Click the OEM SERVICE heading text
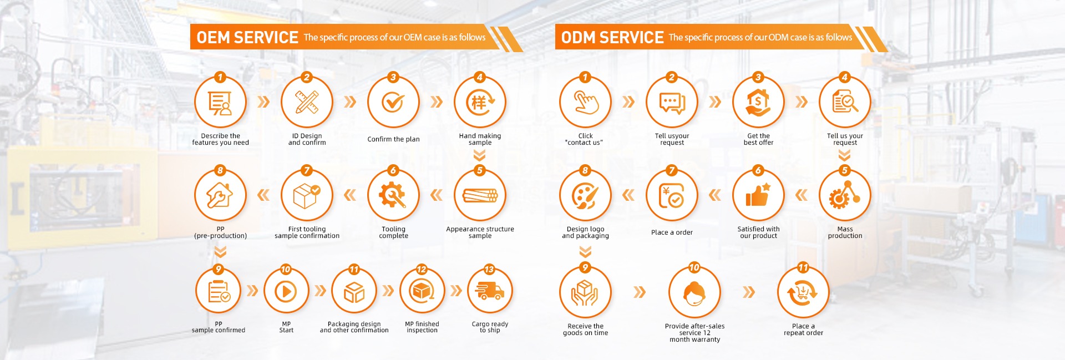point(247,37)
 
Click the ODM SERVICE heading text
point(612,37)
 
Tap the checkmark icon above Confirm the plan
point(393,102)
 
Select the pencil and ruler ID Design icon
point(307,102)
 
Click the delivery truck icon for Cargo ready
point(490,291)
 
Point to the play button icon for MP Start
point(286,291)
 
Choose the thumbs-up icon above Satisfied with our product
point(758,195)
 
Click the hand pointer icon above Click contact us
point(586,102)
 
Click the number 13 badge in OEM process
point(489,270)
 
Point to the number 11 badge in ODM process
point(803,267)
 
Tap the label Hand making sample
point(480,139)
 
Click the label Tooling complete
point(393,232)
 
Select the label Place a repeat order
point(803,329)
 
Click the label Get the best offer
point(758,139)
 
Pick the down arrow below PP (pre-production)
point(220,252)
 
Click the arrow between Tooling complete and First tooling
point(350,195)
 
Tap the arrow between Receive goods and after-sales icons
point(640,292)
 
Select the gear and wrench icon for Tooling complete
point(393,195)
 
